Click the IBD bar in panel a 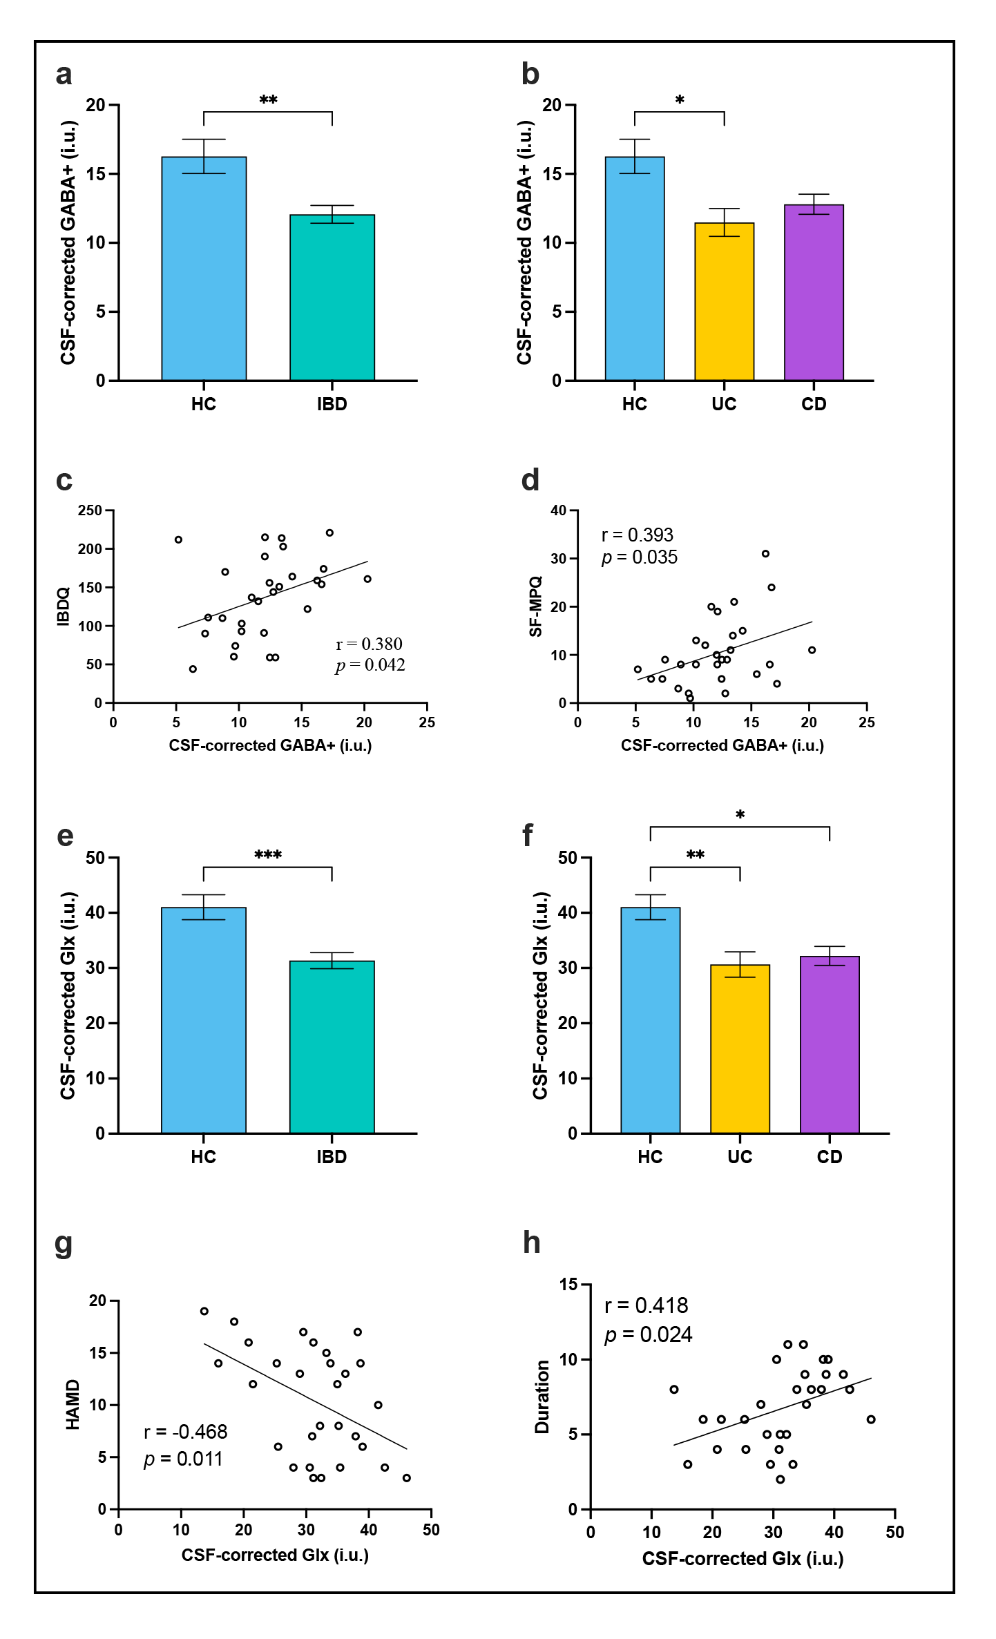point(332,297)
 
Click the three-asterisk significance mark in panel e point(268,855)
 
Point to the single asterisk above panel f point(740,816)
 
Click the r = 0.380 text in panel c point(369,644)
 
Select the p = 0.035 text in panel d point(640,557)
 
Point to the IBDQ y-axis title point(64,606)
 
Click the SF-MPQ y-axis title point(535,606)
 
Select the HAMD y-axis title point(73,1404)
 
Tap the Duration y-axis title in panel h point(542,1397)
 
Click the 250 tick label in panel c point(90,510)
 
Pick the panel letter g point(63,1245)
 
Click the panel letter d point(530,480)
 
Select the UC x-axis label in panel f point(740,1157)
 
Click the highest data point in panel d point(765,554)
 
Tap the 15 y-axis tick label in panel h point(568,1285)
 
